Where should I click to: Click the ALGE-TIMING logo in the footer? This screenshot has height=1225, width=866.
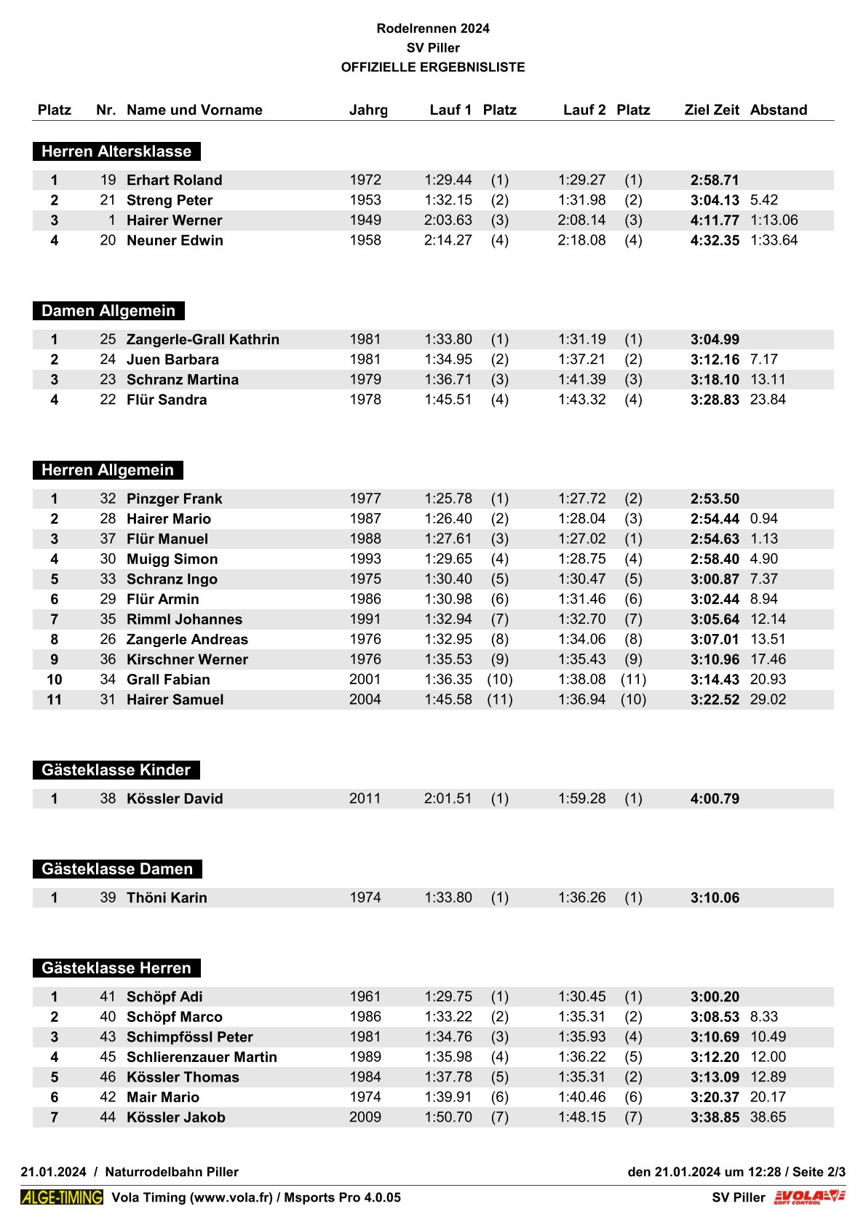pos(62,1197)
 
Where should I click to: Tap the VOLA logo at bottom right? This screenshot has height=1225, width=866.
pos(809,1197)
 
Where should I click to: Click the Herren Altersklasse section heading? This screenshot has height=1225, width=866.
pos(116,151)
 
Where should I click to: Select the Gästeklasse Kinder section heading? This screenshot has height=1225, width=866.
pos(116,770)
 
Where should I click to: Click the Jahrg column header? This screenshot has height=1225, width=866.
pos(368,110)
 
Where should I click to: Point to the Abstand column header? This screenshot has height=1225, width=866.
pos(779,110)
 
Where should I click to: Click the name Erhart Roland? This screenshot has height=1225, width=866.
pos(175,180)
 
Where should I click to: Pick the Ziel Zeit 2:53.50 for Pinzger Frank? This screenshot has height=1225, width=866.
pos(715,499)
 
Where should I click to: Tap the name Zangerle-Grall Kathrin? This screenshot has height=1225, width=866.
pos(203,339)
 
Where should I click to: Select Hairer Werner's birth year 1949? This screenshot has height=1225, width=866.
pos(365,220)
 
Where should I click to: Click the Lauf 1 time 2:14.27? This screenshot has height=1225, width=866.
pos(448,240)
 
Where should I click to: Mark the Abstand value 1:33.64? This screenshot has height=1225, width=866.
pos(774,240)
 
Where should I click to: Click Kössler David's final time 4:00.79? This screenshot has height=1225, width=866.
pos(715,798)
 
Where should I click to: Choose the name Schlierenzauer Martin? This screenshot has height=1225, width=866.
pos(202,1057)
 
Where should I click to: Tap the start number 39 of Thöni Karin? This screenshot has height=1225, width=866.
pos(108,897)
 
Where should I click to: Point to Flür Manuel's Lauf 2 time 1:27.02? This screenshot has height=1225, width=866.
pos(581,539)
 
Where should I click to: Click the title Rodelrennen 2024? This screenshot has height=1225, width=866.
pos(433,28)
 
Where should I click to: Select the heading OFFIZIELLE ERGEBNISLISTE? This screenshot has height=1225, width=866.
pos(433,67)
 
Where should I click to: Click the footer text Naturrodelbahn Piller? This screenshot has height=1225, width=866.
pos(172,1172)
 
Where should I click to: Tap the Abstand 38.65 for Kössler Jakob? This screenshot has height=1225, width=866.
pos(768,1117)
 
